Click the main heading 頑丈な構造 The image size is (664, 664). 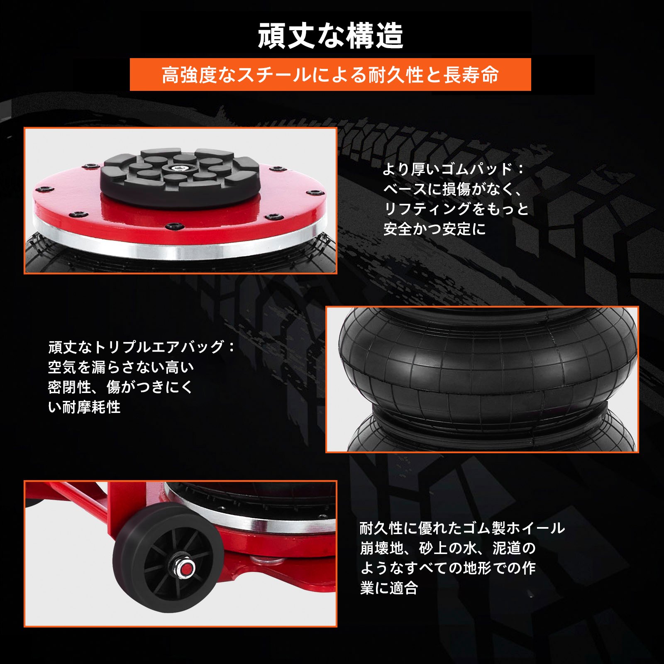point(330,36)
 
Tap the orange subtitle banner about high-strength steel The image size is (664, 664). point(330,75)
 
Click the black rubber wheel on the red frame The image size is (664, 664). point(168,558)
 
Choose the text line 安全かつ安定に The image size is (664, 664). point(434,229)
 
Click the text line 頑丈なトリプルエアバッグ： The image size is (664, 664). point(142,347)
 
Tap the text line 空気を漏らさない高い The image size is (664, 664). point(121,367)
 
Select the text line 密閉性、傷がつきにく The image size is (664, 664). point(120,387)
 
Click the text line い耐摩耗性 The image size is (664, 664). point(84,407)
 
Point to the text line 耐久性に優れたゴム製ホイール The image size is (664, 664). point(462,528)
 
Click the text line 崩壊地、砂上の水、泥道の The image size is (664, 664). point(448,548)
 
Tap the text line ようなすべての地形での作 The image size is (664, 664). point(448,568)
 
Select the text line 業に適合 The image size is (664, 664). point(389,588)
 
